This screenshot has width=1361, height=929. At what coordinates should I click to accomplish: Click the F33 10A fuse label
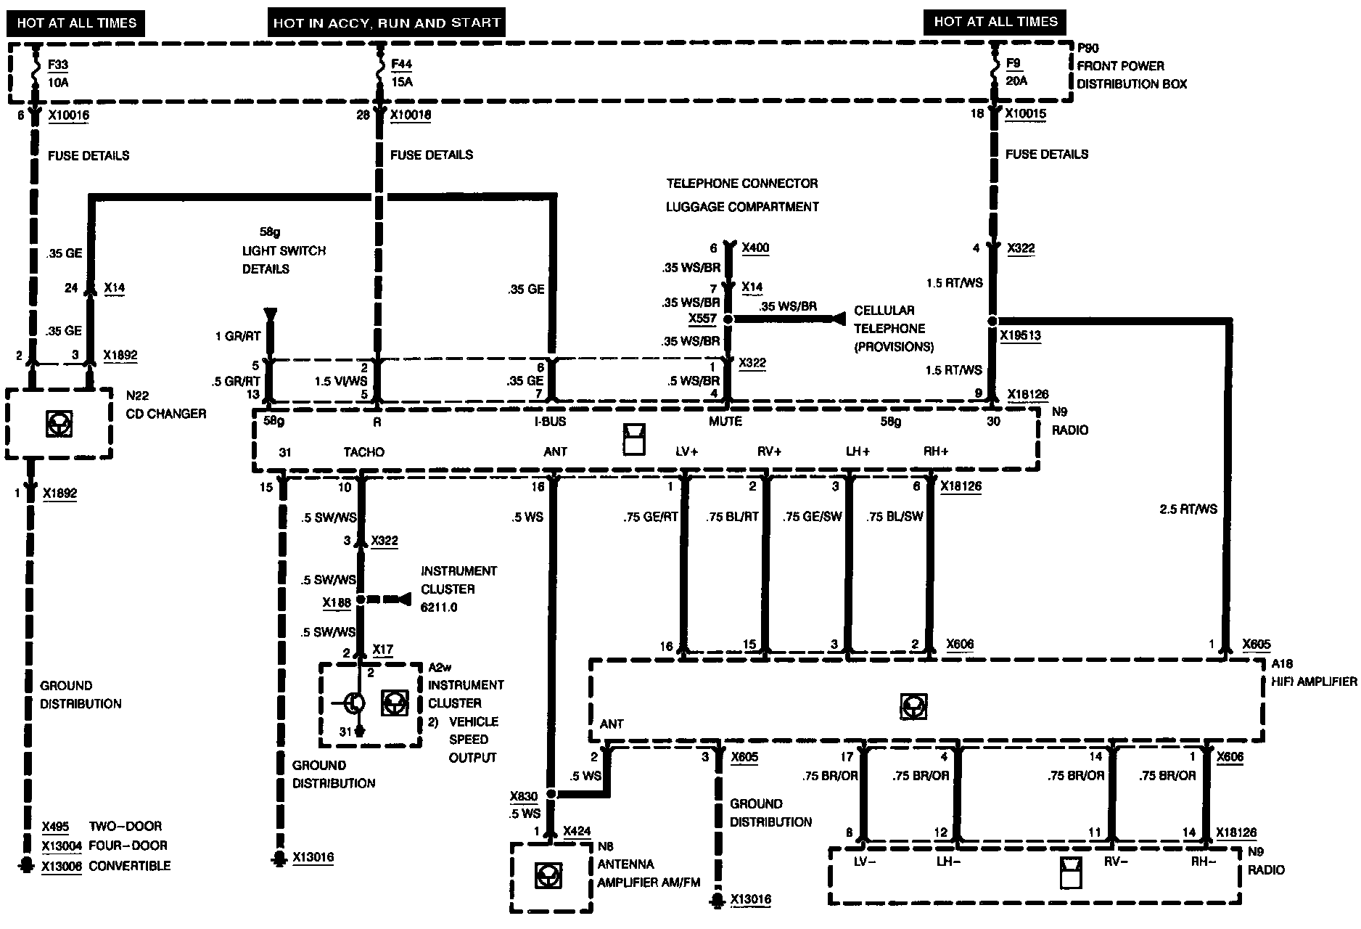coord(58,73)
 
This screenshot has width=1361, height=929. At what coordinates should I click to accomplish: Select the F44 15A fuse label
coord(402,73)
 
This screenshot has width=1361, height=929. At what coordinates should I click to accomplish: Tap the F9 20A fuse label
coord(1016,72)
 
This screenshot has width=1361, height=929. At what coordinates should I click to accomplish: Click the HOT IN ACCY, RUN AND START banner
coord(387,22)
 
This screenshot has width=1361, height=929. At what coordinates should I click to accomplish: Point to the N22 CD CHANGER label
coord(165,405)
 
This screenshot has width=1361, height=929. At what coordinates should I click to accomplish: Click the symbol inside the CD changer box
coord(58,423)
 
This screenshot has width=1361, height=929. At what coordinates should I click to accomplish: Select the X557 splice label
coord(702,319)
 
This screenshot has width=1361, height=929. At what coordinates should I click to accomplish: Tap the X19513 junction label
coord(1020,336)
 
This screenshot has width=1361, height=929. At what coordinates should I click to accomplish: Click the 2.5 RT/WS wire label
coord(1188,509)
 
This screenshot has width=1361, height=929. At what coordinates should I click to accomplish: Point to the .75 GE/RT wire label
coord(650,517)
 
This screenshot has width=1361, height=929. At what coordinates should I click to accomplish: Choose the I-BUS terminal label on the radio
coord(549,422)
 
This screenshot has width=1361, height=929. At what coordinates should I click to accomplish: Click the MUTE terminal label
coord(725,422)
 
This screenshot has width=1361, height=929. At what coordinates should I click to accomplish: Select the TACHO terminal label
coord(364,452)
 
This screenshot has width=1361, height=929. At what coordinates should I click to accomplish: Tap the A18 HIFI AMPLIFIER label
coord(1313,673)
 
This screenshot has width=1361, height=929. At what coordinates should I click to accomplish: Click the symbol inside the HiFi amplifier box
coord(913,705)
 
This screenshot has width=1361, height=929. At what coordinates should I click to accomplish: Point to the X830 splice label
coord(523,796)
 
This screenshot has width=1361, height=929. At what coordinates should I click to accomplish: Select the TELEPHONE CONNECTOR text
coord(742,184)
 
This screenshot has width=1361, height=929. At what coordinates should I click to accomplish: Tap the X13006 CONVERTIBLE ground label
coord(106,866)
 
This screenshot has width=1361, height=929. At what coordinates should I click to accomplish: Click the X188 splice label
coord(337,602)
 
